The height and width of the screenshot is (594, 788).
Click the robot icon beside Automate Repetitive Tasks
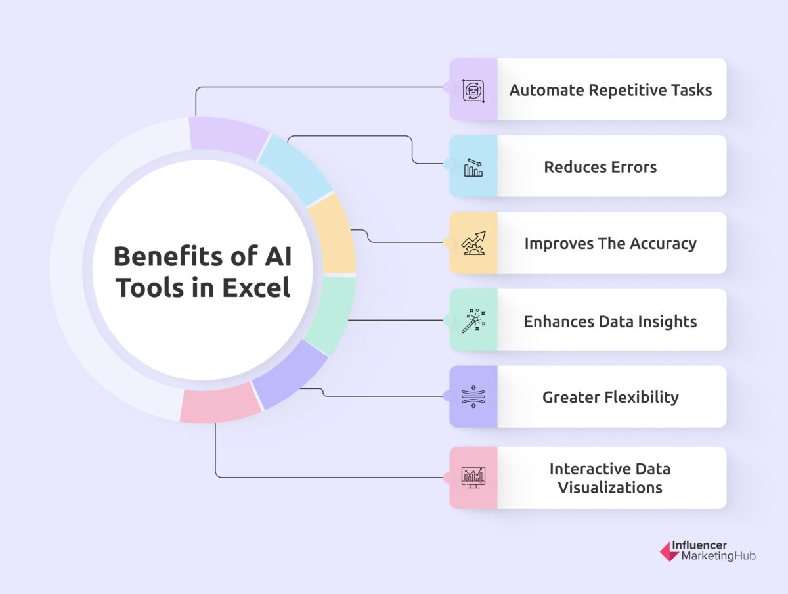(473, 89)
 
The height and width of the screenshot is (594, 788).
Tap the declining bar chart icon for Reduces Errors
(473, 168)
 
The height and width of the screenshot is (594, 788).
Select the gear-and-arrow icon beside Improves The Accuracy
(473, 243)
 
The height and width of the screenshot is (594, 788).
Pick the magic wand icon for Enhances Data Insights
(473, 320)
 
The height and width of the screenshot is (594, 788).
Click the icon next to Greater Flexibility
(473, 397)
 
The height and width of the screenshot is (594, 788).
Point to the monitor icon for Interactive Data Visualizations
(473, 477)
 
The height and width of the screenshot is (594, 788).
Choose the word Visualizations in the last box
(610, 488)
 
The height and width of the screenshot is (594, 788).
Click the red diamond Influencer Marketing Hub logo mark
(669, 551)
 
